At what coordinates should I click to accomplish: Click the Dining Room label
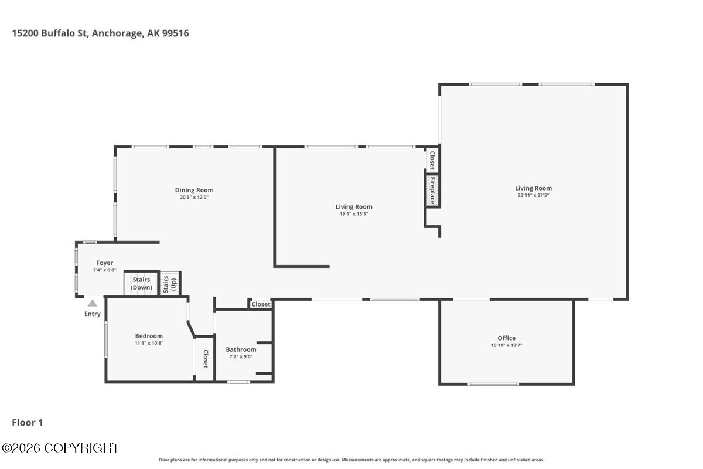click(x=194, y=190)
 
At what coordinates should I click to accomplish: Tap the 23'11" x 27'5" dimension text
click(x=533, y=195)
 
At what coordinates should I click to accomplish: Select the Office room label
click(x=507, y=338)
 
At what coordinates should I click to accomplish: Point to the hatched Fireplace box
click(x=432, y=191)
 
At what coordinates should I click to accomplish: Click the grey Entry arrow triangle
click(x=93, y=303)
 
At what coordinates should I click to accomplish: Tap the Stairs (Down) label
click(x=141, y=283)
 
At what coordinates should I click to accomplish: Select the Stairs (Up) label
click(x=169, y=284)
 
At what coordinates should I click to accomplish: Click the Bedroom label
click(x=149, y=336)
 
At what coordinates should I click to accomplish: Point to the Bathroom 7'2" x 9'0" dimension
click(x=241, y=356)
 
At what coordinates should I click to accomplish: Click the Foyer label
click(x=104, y=263)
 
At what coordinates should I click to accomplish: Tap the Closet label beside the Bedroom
click(x=206, y=359)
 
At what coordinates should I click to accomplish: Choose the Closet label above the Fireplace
click(x=432, y=160)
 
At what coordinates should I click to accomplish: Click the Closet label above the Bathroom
click(x=261, y=304)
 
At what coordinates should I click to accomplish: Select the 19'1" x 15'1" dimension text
click(x=354, y=214)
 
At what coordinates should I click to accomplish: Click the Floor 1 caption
click(x=28, y=423)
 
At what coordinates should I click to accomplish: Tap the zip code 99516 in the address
click(x=175, y=33)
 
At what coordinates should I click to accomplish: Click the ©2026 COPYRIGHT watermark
click(x=60, y=448)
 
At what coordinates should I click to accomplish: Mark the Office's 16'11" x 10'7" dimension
click(x=507, y=345)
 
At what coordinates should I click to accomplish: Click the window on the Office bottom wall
click(x=493, y=384)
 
